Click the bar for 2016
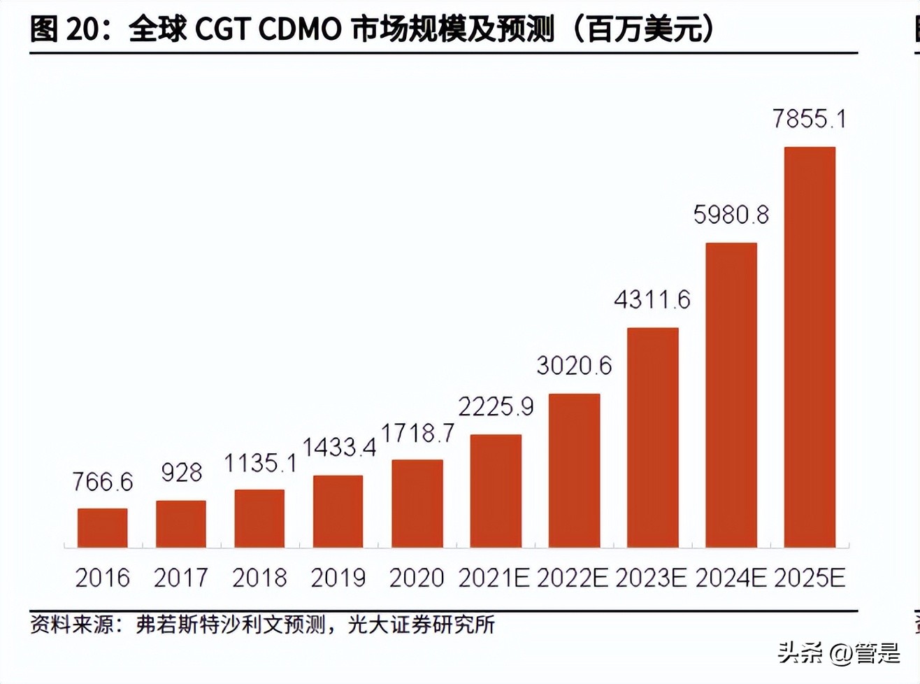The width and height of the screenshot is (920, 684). pyautogui.click(x=102, y=527)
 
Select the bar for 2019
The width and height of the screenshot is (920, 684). pyautogui.click(x=338, y=511)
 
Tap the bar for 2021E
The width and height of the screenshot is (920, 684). pyautogui.click(x=496, y=491)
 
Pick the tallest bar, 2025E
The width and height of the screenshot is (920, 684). pyautogui.click(x=810, y=347)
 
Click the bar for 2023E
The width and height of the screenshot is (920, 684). pyautogui.click(x=652, y=437)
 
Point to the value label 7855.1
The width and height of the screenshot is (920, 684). pyautogui.click(x=809, y=119)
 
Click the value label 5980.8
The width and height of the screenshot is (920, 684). pyautogui.click(x=731, y=215)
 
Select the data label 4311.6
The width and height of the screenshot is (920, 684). pyautogui.click(x=652, y=300)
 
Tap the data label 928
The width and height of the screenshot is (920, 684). pyautogui.click(x=181, y=473)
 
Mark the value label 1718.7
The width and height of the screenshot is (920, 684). pyautogui.click(x=417, y=434)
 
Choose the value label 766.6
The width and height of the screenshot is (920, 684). pyautogui.click(x=102, y=482)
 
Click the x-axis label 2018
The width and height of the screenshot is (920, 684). pyautogui.click(x=259, y=578)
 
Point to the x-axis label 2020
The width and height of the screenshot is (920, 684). pyautogui.click(x=417, y=578)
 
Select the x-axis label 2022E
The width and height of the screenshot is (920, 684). pyautogui.click(x=573, y=578)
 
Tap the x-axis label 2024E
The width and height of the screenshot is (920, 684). pyautogui.click(x=731, y=578)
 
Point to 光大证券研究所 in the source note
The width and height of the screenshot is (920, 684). pyautogui.click(x=422, y=624)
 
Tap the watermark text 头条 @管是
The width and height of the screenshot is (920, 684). pyautogui.click(x=838, y=653)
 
